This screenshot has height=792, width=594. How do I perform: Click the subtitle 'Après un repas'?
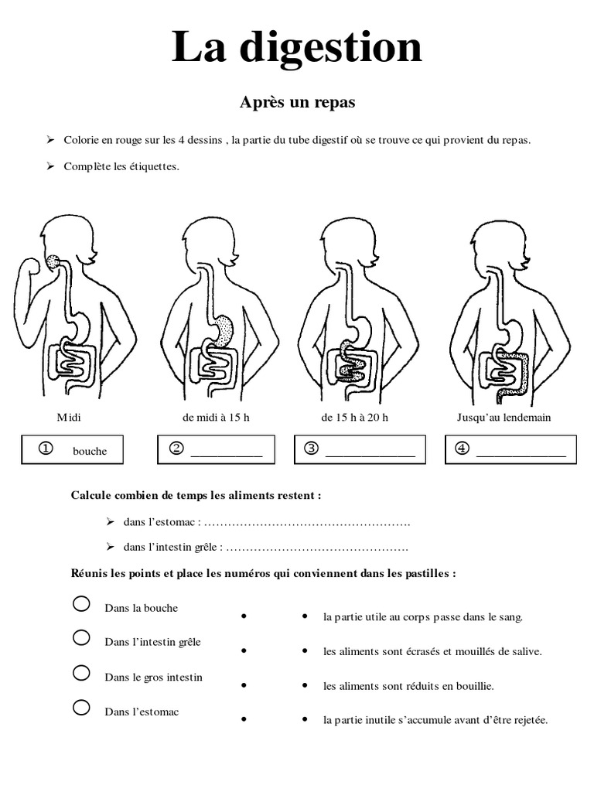(297, 102)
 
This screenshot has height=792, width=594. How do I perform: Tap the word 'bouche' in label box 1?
(90, 451)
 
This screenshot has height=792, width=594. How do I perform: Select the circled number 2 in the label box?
(176, 449)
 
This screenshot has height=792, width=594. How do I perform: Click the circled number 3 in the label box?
(312, 449)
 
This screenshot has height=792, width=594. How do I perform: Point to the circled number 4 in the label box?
(463, 449)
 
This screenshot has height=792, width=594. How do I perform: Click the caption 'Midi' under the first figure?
(69, 418)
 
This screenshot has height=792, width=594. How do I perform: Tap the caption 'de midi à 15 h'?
(216, 418)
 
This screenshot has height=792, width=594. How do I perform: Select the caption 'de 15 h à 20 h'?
(355, 418)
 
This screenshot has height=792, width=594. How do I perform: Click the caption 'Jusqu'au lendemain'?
(504, 418)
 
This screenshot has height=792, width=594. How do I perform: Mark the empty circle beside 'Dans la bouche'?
(81, 604)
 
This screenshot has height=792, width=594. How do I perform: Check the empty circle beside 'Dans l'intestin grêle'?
(81, 638)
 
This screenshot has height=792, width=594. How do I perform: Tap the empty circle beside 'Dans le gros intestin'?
(81, 673)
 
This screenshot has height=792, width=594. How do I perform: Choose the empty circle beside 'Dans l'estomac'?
(81, 707)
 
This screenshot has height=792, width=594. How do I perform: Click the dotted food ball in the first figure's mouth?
(53, 262)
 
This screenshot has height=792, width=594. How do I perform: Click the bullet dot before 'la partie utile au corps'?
(306, 617)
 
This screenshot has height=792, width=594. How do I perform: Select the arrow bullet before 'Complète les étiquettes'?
(50, 166)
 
